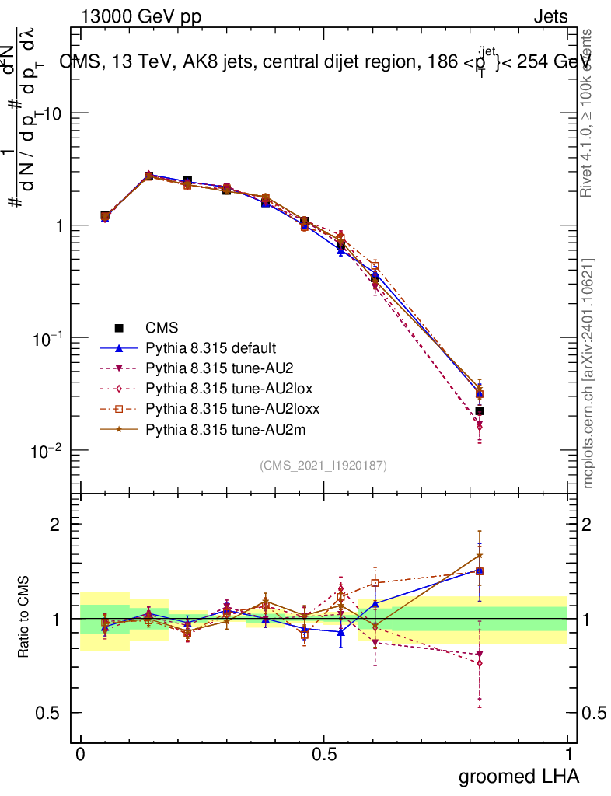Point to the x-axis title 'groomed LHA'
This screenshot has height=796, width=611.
[x=518, y=776]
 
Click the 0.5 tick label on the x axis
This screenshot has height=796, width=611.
[x=324, y=755]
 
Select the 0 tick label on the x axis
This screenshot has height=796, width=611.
[x=80, y=755]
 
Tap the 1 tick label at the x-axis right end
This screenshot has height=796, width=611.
[x=568, y=755]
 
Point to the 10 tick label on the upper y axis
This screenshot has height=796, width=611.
[x=53, y=113]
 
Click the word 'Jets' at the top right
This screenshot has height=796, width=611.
[x=550, y=16]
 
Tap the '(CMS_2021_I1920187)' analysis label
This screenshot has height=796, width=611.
[x=323, y=465]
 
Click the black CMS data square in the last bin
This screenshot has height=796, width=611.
[x=480, y=410]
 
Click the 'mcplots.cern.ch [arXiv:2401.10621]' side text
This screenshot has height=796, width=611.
[x=588, y=374]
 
